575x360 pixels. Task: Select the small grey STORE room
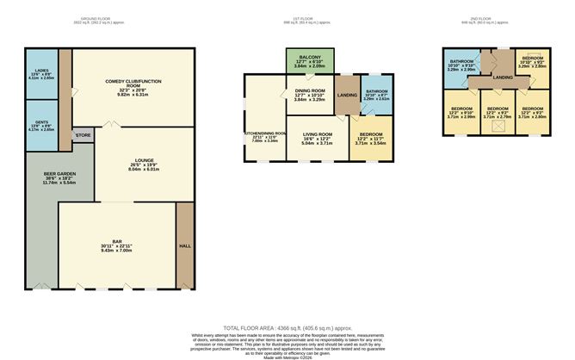coord(83,135)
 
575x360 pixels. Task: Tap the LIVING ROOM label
coord(316,135)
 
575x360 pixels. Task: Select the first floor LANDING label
coord(347,95)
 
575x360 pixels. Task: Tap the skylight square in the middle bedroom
coord(494,127)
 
